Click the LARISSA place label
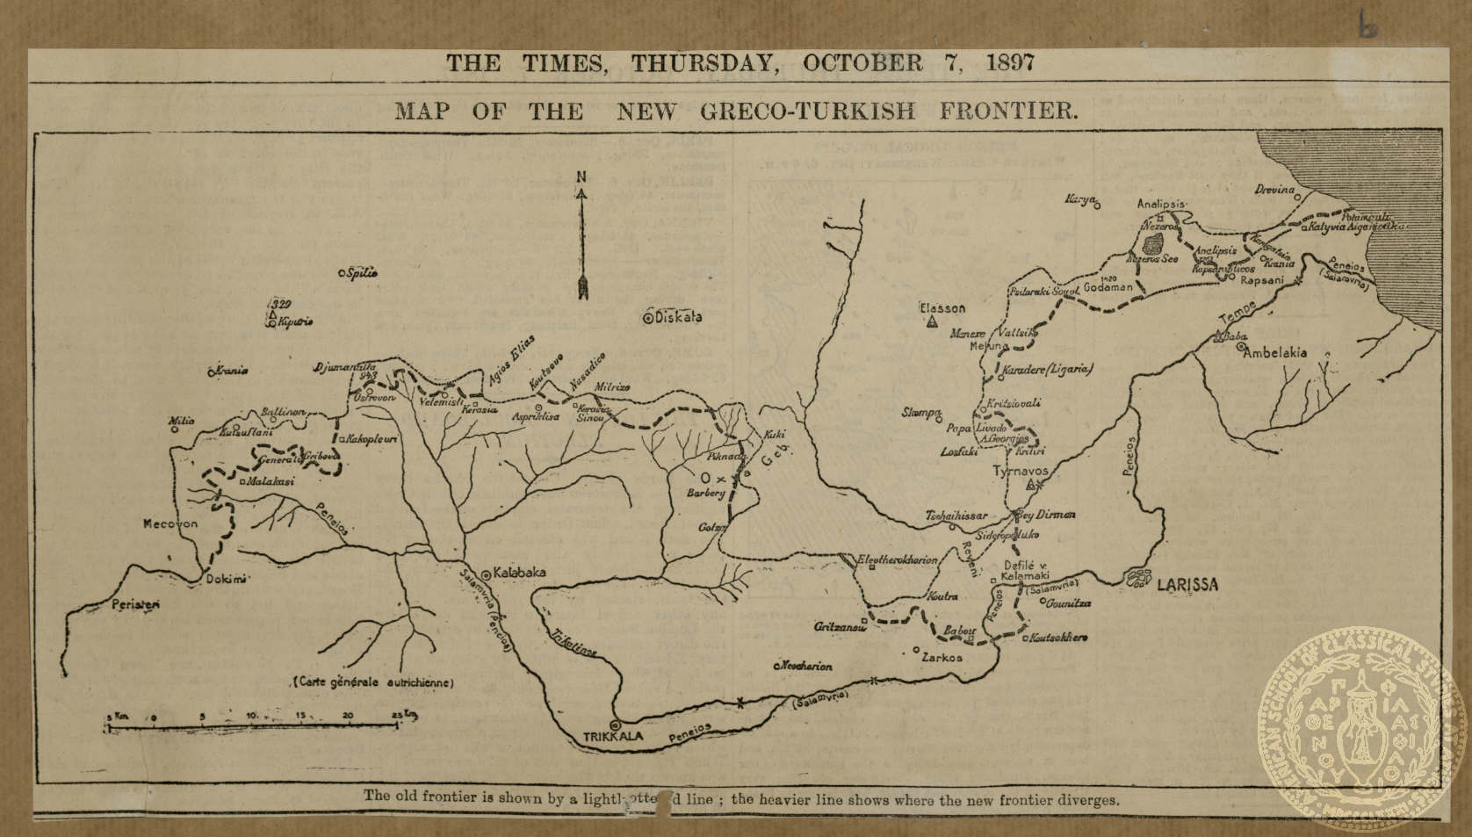point(1187,585)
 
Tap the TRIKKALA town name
point(613,739)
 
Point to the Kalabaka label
point(520,572)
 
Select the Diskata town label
point(678,318)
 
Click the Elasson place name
point(942,308)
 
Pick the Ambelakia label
point(1274,352)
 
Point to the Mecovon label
point(171,523)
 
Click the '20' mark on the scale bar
point(348,716)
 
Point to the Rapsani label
point(1262,279)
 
